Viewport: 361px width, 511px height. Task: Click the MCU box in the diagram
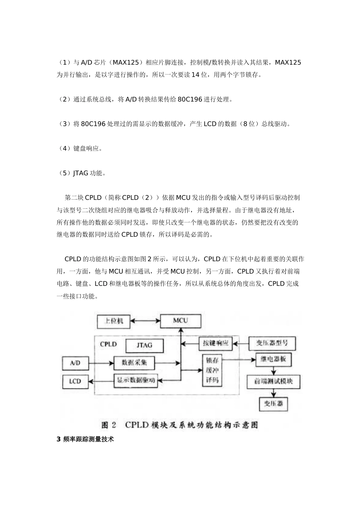tap(180, 321)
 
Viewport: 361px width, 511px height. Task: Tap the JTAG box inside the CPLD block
tap(144, 345)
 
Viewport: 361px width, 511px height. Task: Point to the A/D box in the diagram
tap(75, 363)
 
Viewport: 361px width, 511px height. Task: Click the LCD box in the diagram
tap(75, 381)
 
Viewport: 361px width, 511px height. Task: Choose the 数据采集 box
tap(134, 363)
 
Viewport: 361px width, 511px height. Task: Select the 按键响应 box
tap(215, 343)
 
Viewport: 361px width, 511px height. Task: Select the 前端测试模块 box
tap(273, 381)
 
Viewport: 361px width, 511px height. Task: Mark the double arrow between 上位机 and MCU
tap(145, 321)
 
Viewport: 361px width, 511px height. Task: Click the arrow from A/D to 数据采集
tap(101, 363)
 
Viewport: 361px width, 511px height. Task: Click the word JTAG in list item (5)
tap(80, 173)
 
